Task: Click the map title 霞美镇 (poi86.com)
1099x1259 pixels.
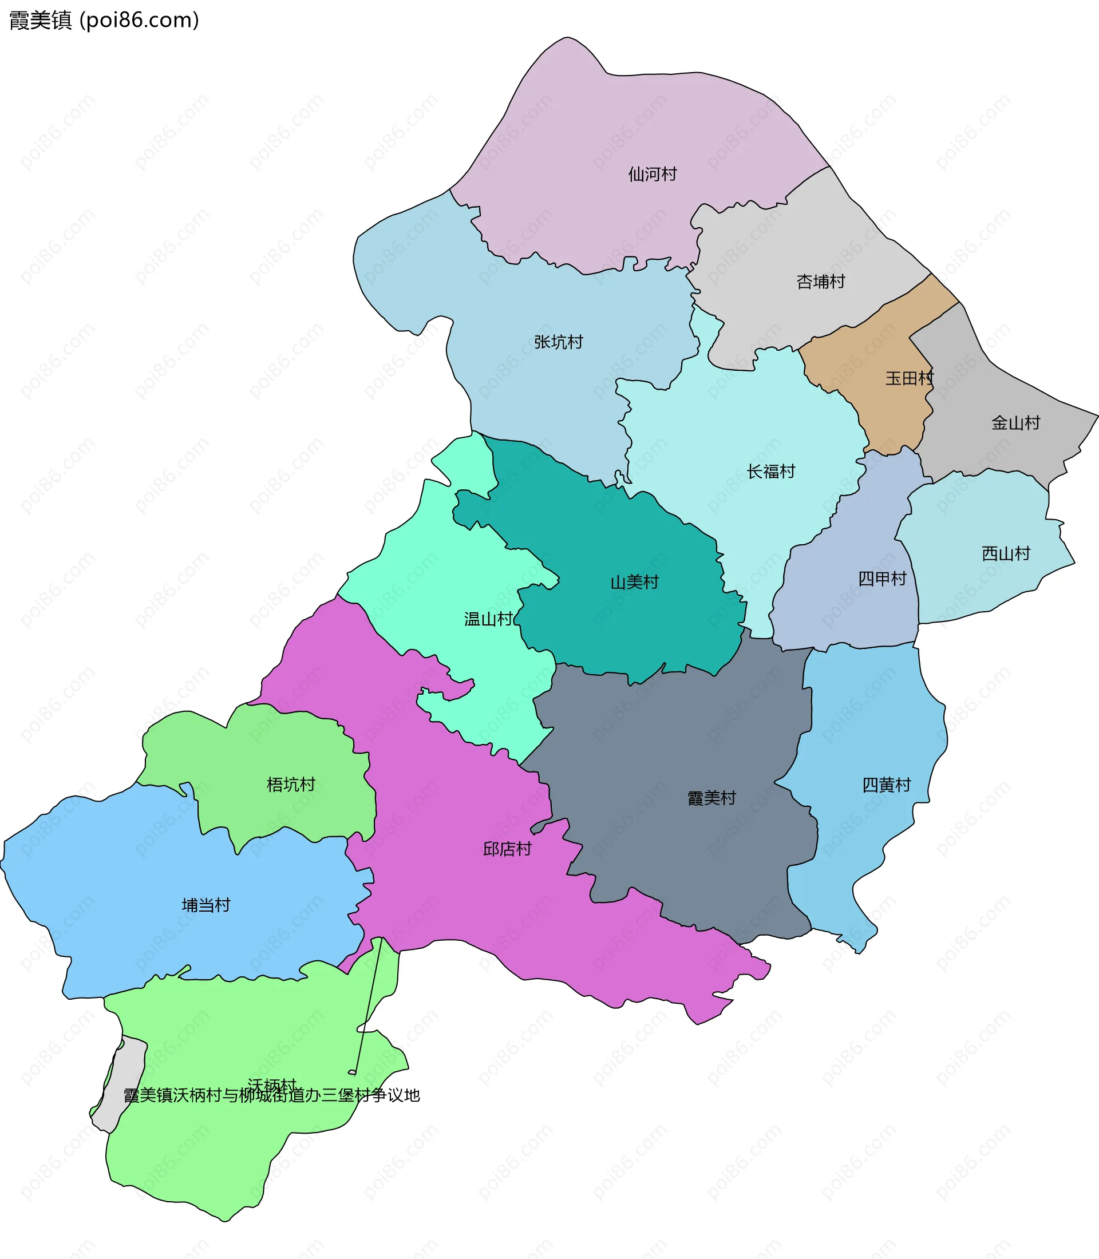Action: point(104,21)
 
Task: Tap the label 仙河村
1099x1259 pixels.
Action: point(652,175)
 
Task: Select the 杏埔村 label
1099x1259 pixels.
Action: point(821,282)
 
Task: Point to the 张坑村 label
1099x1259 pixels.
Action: point(558,342)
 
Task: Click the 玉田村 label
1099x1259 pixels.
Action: point(909,378)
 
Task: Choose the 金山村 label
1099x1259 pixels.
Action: point(1015,422)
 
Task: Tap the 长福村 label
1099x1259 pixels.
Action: point(770,472)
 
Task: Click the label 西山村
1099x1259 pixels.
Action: point(1006,554)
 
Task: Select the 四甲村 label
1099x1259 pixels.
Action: point(882,579)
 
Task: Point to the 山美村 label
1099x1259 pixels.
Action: point(634,582)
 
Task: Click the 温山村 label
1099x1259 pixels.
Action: point(488,619)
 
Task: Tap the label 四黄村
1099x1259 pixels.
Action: point(886,785)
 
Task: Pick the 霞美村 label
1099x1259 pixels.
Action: point(711,798)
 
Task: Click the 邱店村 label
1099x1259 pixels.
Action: point(507,849)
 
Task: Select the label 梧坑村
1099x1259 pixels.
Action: point(291,785)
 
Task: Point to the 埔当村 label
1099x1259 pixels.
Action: point(206,905)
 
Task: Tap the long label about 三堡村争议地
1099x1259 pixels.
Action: point(272,1095)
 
